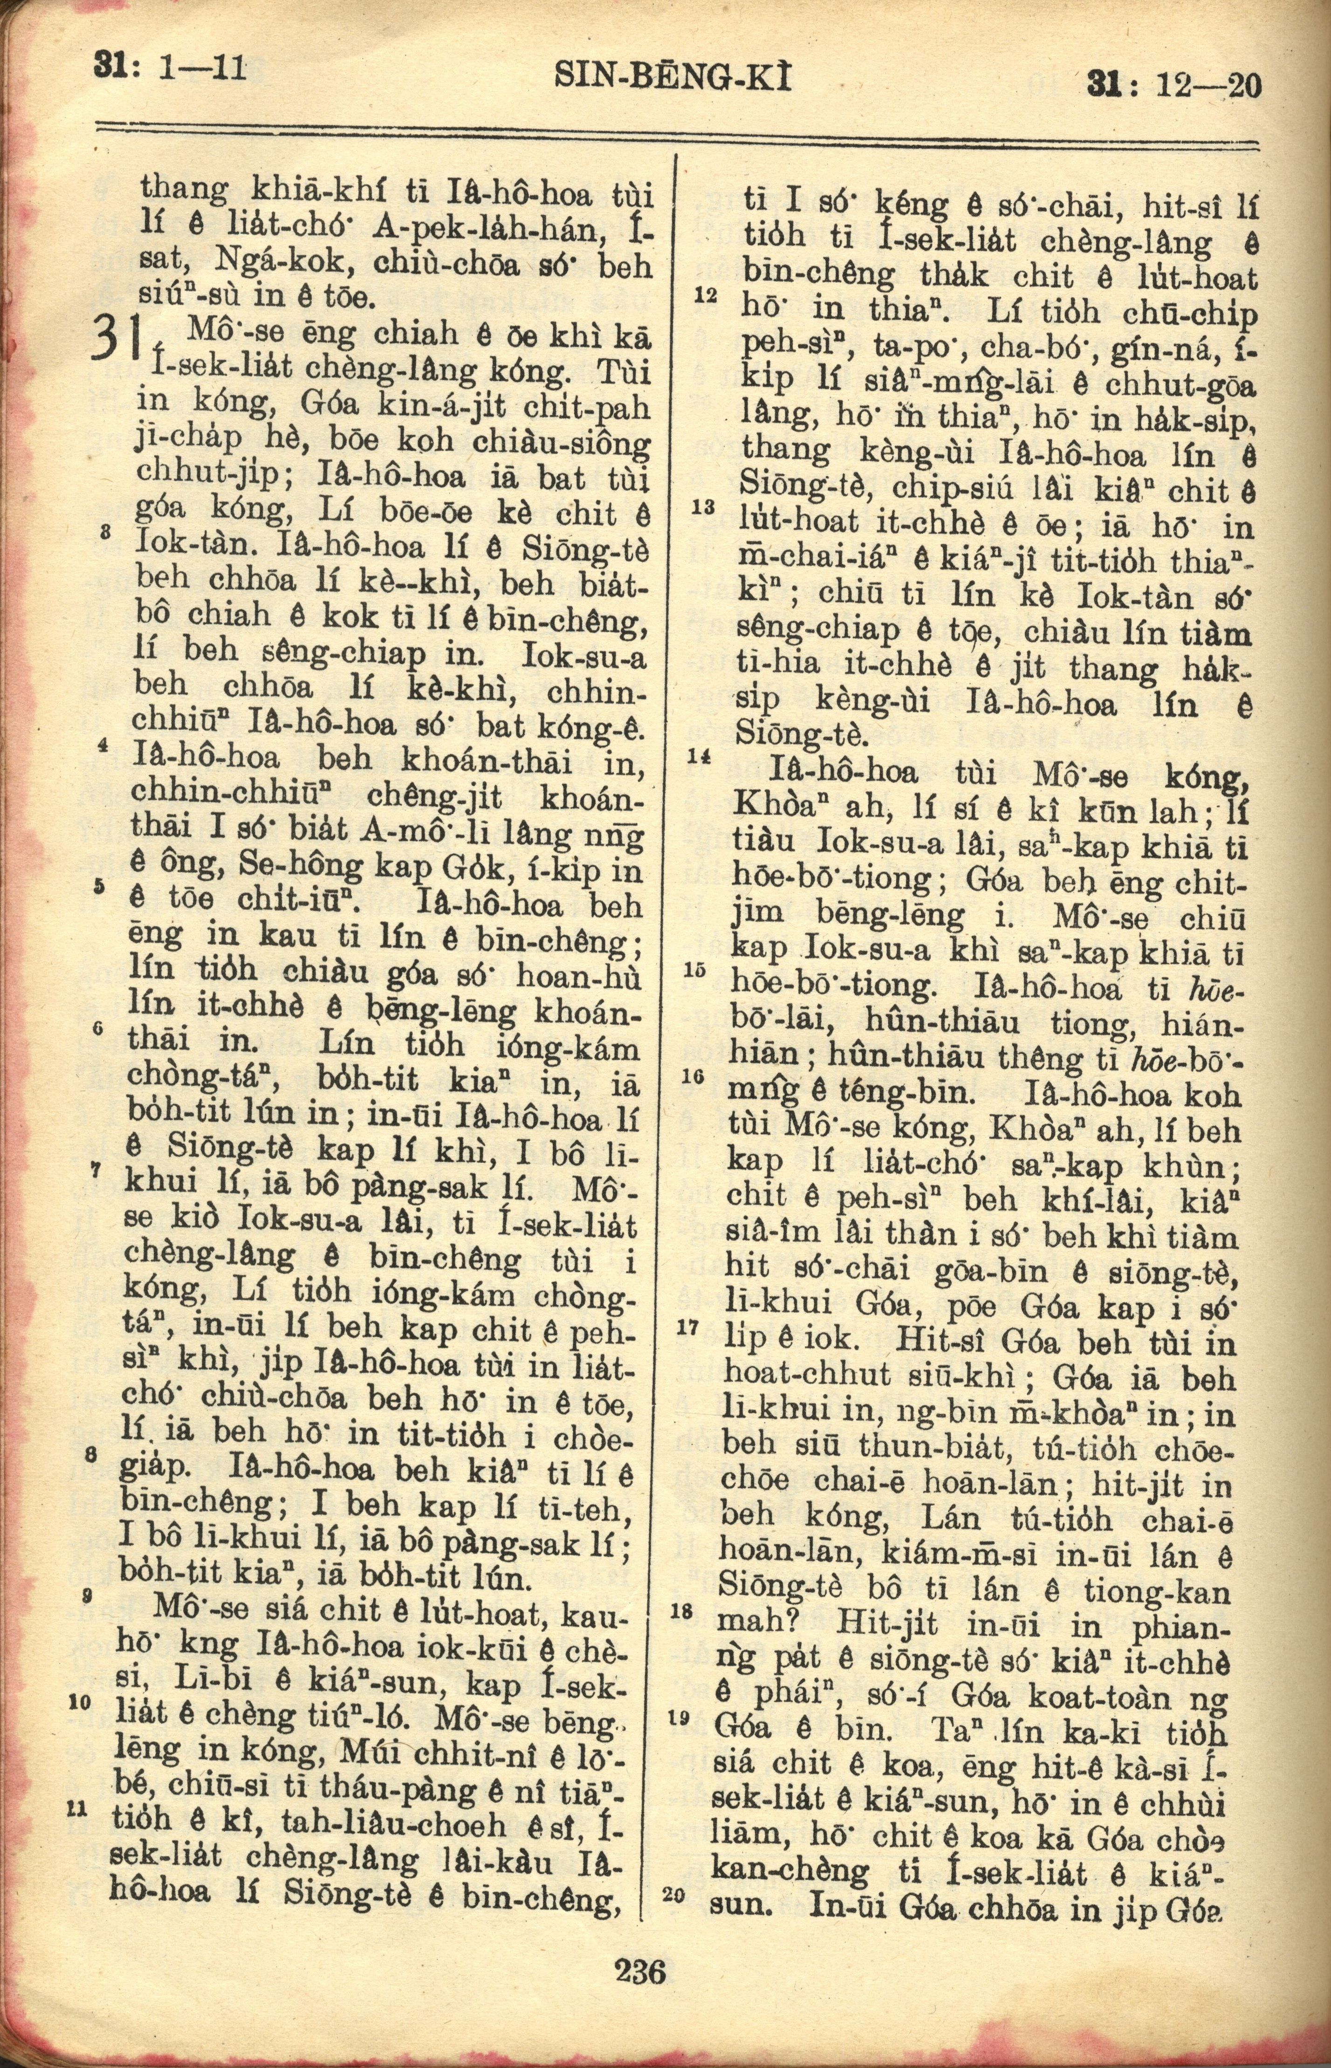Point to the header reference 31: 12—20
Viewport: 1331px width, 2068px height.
point(1173,86)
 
